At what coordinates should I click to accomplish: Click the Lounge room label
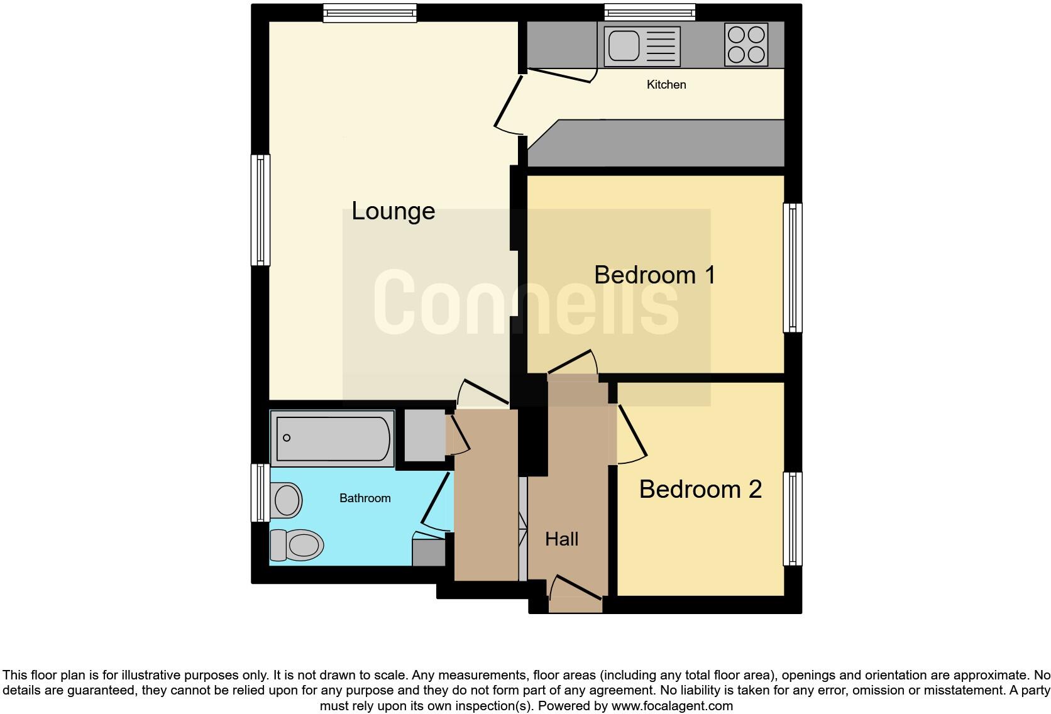click(393, 211)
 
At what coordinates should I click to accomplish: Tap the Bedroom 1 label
click(654, 275)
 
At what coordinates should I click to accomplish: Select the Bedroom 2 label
click(700, 490)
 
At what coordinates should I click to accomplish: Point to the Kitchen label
click(666, 85)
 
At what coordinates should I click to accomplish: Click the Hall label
click(561, 539)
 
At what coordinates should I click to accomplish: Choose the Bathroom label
click(365, 498)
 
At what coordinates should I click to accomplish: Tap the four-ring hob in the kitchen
click(746, 45)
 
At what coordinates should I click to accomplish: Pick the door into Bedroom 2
click(632, 434)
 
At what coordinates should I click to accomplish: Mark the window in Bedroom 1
click(793, 267)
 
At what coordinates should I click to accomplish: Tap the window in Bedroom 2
click(793, 519)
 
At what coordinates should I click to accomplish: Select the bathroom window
click(260, 493)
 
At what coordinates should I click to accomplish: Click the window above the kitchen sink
click(650, 13)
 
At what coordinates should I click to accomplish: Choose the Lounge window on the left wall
click(260, 210)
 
